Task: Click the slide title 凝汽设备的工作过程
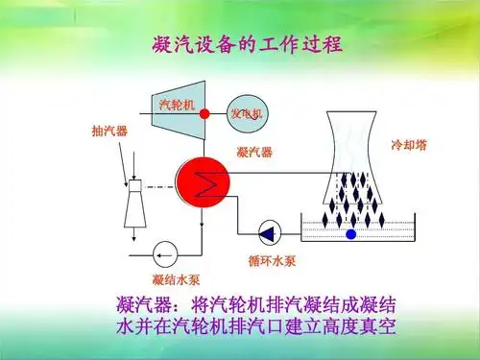(247, 44)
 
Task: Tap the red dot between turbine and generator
(204, 113)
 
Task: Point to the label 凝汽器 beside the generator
(253, 152)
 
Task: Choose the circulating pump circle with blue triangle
(268, 231)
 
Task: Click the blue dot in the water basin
(350, 233)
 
